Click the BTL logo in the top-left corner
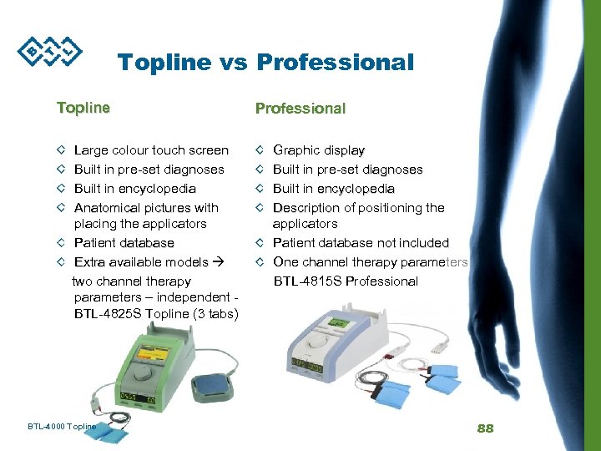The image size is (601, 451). (51, 50)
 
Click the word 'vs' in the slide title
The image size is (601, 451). (231, 63)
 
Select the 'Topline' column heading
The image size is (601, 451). (83, 108)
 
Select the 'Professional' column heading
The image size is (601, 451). (300, 109)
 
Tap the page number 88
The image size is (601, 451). (485, 428)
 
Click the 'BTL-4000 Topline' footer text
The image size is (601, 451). (62, 427)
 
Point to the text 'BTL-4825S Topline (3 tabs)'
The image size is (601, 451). (156, 314)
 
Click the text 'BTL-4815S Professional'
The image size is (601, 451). (346, 281)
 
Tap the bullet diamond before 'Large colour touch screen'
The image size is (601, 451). (61, 151)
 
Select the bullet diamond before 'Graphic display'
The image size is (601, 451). (260, 151)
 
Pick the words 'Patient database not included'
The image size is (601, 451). (361, 243)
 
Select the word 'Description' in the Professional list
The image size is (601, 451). (306, 208)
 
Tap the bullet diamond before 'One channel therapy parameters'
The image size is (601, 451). (260, 262)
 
